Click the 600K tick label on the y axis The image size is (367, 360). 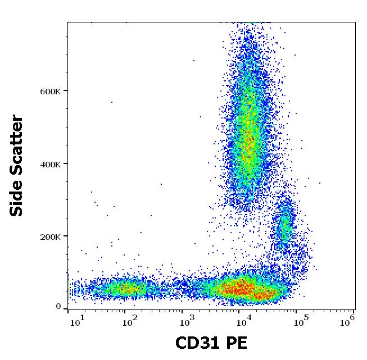(x=51, y=91)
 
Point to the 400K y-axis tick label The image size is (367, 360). (x=51, y=164)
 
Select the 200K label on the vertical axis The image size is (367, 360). (x=51, y=236)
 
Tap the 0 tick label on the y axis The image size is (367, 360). (x=58, y=307)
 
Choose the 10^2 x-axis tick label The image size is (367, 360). (x=130, y=321)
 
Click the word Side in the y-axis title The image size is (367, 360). (x=17, y=199)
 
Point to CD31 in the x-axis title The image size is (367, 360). (x=197, y=343)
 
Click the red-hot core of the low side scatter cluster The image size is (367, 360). (x=243, y=290)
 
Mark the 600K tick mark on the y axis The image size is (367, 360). (x=66, y=91)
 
